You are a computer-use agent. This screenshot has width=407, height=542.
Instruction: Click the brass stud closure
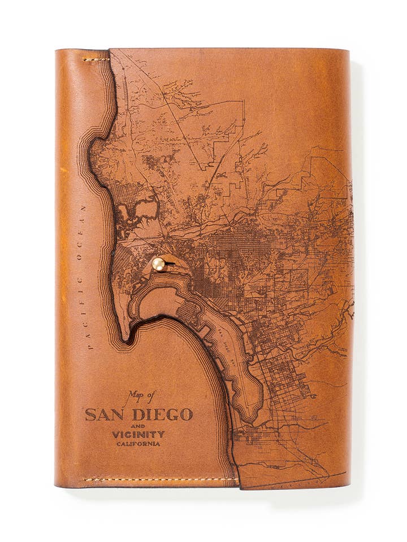tap(159, 264)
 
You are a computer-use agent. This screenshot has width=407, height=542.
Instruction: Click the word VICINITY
tap(138, 434)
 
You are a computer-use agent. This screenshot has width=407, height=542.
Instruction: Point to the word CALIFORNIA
tap(138, 444)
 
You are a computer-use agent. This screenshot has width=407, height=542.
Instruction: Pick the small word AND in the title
tap(138, 425)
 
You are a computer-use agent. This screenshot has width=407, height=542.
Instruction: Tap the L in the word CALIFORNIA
tap(127, 444)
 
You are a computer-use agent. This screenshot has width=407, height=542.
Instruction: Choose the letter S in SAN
tap(90, 415)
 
